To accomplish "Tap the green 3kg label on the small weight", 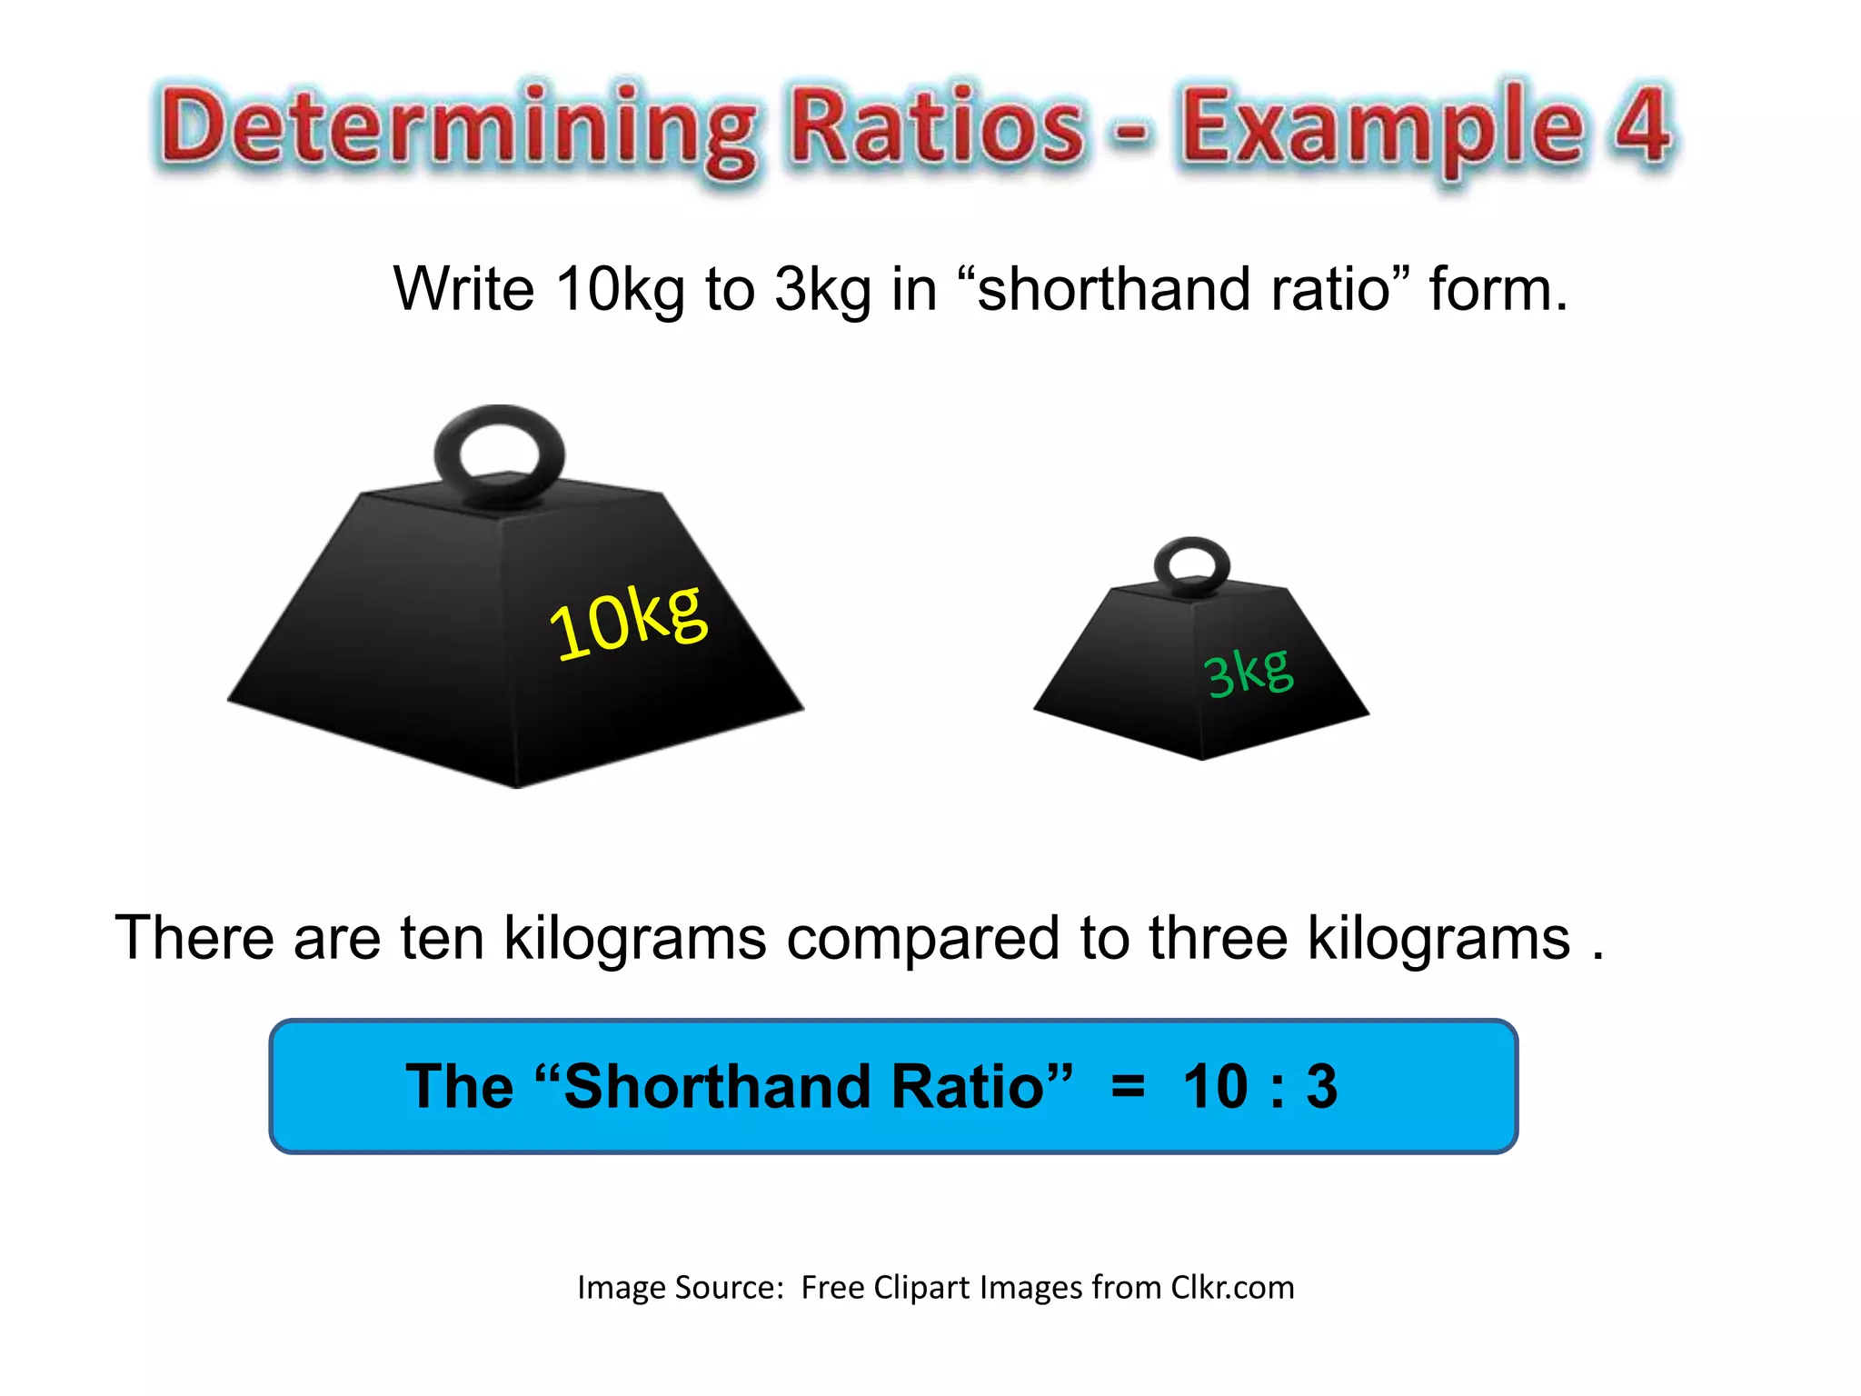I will [x=1248, y=673].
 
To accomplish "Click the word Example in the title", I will [x=1381, y=127].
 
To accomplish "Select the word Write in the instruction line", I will [x=463, y=289].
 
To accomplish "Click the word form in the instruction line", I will [x=1498, y=289].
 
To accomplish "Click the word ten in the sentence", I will [x=442, y=938].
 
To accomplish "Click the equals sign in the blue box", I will [x=1128, y=1086].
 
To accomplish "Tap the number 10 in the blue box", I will [x=1216, y=1086].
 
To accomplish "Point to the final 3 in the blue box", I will [x=1321, y=1086].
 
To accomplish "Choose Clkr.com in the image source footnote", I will [x=1232, y=1288].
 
